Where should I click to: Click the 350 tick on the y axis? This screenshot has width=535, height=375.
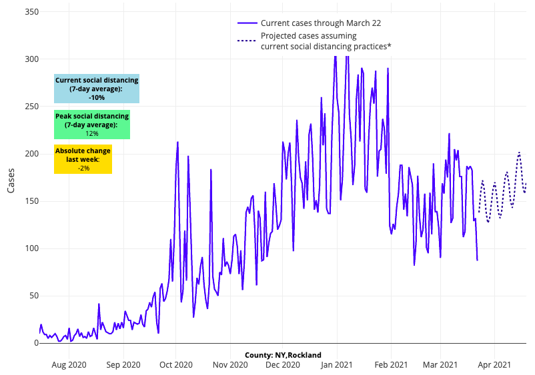click(31, 12)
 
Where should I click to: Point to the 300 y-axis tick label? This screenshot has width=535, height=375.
click(31, 59)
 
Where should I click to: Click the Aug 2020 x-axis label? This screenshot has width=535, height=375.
click(69, 365)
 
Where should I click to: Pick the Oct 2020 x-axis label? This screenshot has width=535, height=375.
click(176, 365)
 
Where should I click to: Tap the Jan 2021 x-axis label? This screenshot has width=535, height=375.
click(337, 365)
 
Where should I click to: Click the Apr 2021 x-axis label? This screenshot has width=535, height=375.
click(494, 365)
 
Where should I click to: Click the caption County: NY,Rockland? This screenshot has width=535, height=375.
click(283, 355)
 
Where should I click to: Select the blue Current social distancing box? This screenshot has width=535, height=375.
click(97, 89)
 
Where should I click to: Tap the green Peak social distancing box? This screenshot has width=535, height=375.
click(92, 125)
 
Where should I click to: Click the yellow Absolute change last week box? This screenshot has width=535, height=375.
click(83, 160)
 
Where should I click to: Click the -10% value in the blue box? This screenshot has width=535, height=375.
click(97, 97)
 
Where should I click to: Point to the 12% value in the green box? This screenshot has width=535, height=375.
click(92, 133)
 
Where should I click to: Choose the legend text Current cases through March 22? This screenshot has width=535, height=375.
click(321, 23)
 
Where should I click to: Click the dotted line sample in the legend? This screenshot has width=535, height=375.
click(247, 41)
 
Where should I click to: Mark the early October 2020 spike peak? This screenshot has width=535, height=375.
click(177, 142)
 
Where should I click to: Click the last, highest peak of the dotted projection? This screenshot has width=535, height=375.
click(519, 153)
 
